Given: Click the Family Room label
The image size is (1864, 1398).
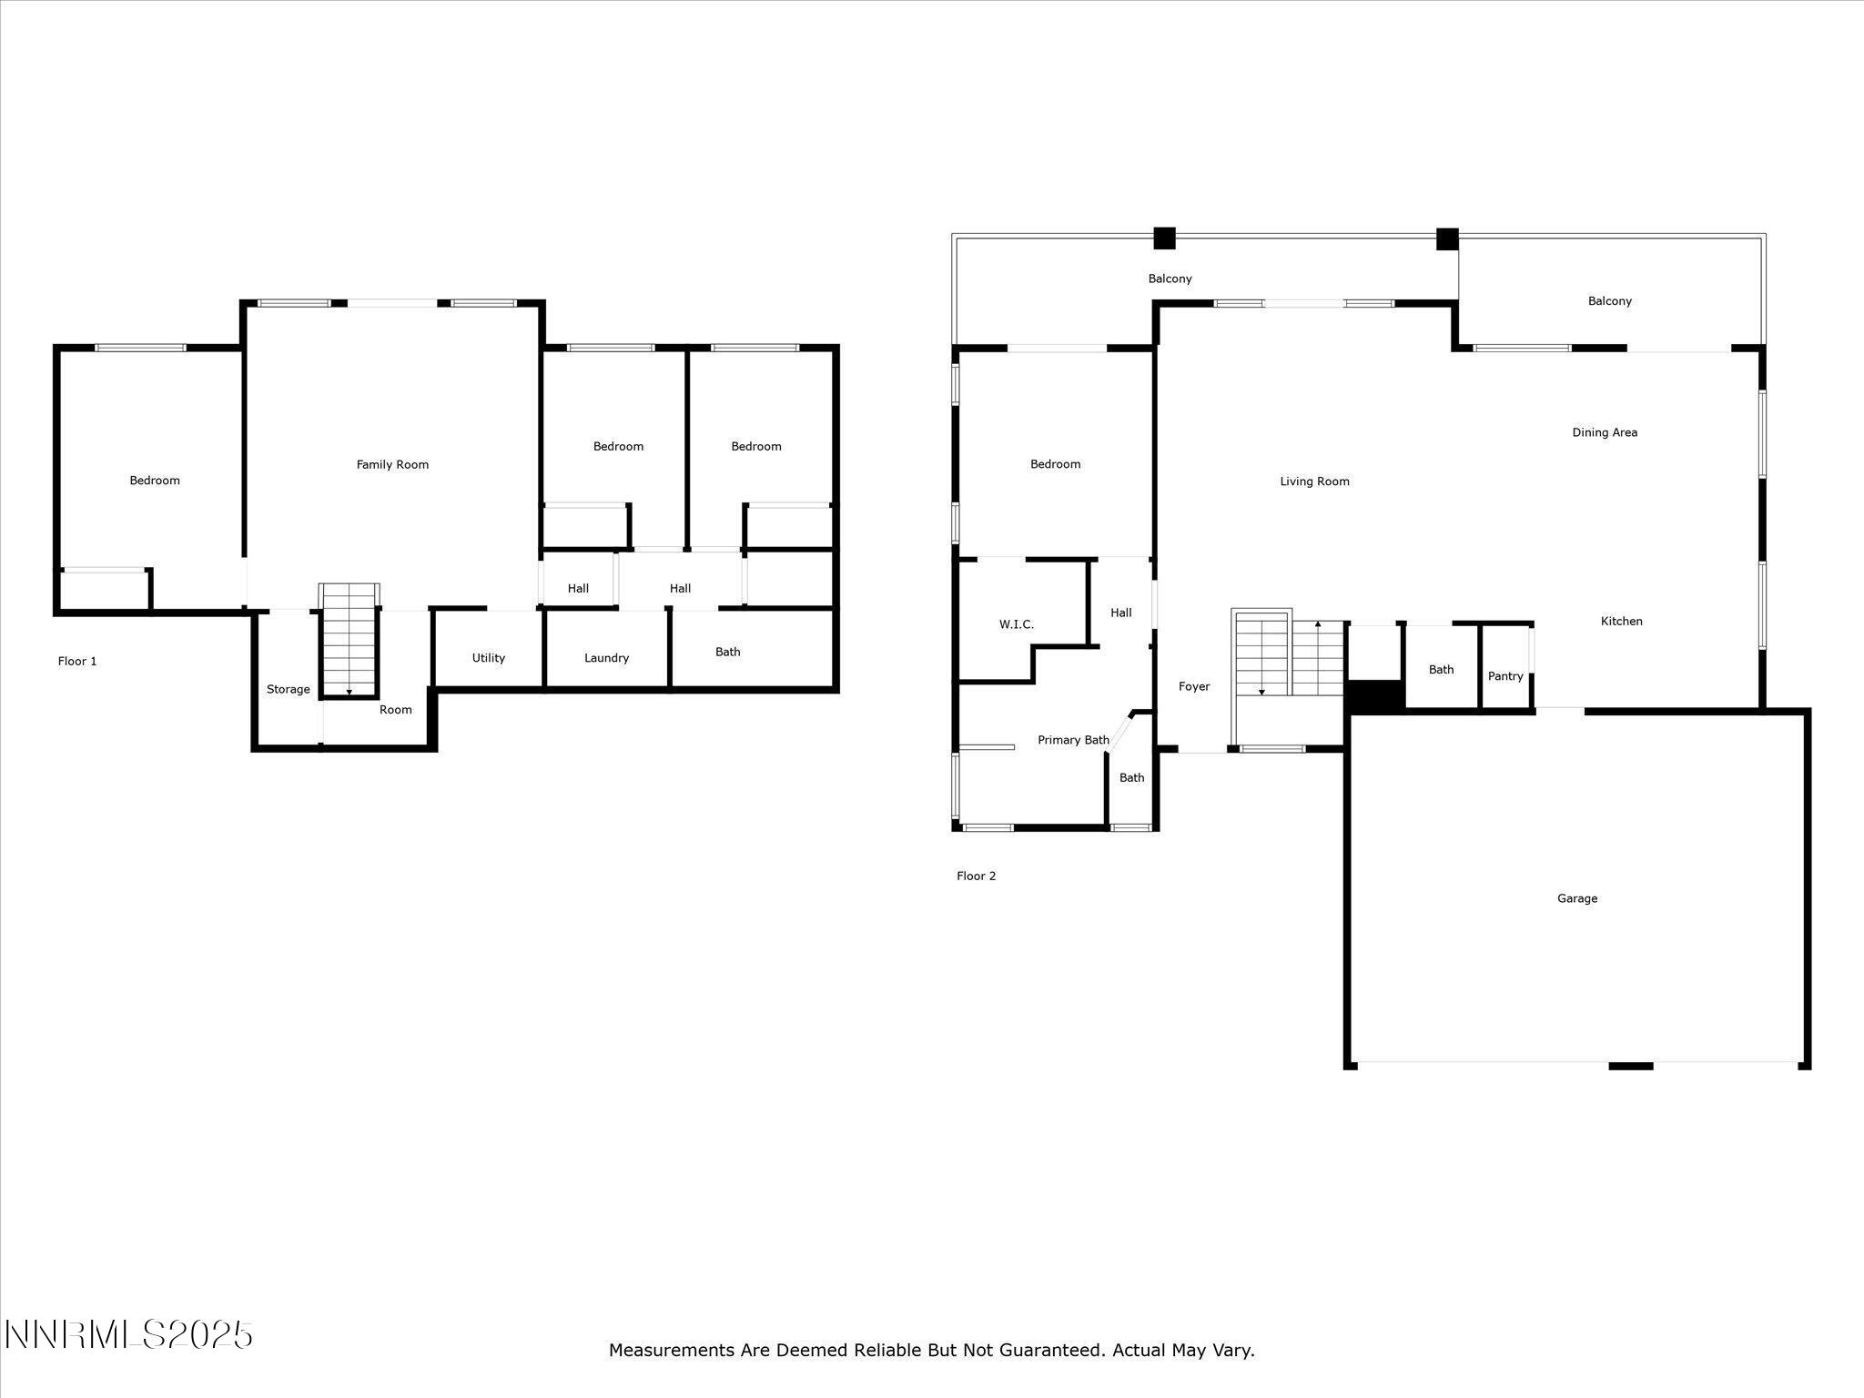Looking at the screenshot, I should tap(392, 465).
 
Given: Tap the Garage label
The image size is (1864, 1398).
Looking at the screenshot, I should tap(1577, 898).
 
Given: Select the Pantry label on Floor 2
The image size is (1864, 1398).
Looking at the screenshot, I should tap(1505, 676).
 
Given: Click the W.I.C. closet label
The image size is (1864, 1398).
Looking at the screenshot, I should tap(1016, 624).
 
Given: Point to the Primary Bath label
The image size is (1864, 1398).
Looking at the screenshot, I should tap(1073, 740).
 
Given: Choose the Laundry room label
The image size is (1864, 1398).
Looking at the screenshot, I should tap(606, 658).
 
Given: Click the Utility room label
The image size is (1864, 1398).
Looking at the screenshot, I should tap(488, 658).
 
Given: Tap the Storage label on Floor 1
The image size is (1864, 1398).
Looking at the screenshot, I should tap(288, 690).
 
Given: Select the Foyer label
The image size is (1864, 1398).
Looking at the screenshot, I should tap(1194, 686).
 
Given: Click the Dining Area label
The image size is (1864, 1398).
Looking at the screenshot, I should tap(1605, 432).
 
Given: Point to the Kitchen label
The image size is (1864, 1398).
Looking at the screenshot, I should tap(1621, 622).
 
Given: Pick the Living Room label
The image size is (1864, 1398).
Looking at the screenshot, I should tap(1314, 481).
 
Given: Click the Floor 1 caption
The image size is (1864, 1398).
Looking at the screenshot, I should tap(77, 662).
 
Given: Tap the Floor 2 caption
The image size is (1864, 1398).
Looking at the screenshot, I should tap(976, 876).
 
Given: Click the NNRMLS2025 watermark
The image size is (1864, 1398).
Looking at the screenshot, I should tap(128, 1335).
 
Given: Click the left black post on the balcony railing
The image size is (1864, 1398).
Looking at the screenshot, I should tap(1164, 238).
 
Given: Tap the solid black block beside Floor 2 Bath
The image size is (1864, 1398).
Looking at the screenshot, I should tap(1375, 696).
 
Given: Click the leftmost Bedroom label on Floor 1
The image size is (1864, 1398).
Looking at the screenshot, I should tap(155, 481).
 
